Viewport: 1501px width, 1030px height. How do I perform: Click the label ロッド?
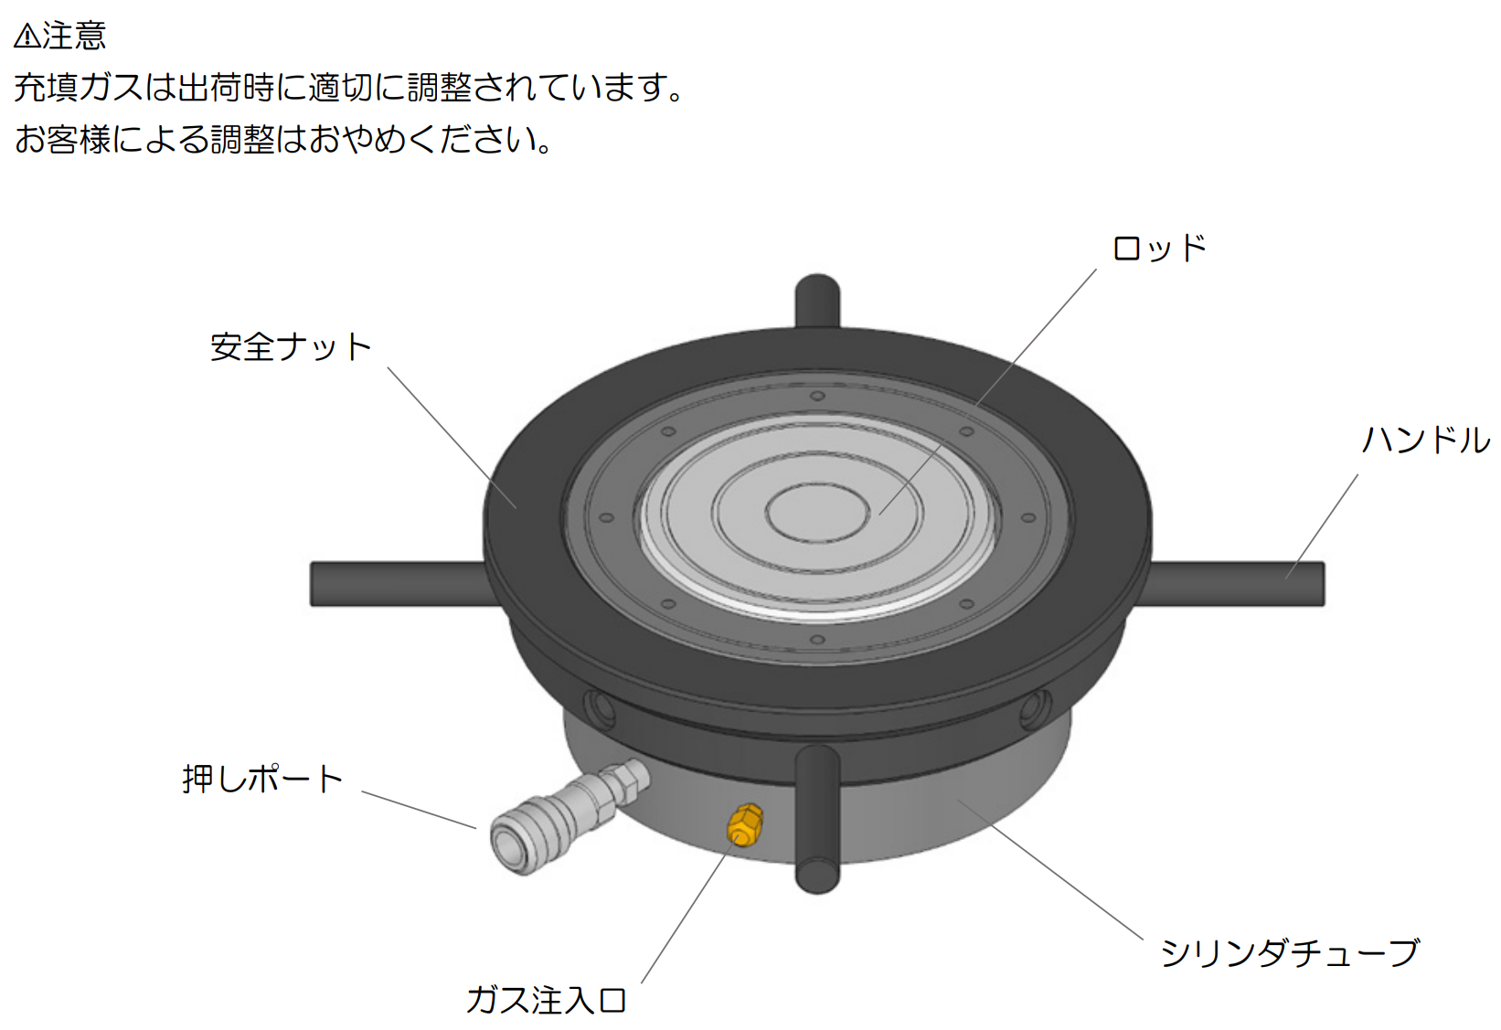pos(1159,248)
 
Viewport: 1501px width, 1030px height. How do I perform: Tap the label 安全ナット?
pos(291,347)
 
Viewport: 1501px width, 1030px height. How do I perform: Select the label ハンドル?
pos(1426,441)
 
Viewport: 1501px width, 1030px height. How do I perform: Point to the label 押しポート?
pos(262,779)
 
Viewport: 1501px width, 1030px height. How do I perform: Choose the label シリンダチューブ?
pos(1289,953)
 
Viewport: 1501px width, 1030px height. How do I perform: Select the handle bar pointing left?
pos(402,584)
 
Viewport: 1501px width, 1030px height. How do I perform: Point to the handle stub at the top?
pos(817,300)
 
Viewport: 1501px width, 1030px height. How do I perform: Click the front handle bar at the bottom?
pos(817,819)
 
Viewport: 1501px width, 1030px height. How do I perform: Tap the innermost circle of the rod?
pos(817,514)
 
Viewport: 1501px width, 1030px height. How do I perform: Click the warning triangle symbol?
pos(27,36)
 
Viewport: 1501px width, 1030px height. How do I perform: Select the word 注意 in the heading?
pos(74,35)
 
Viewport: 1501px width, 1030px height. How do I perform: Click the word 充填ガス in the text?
pos(78,88)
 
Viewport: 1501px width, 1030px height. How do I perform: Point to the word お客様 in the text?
pos(62,140)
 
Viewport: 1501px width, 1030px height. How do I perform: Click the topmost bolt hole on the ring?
pos(817,396)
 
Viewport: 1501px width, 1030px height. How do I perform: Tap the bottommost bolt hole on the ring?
pos(817,640)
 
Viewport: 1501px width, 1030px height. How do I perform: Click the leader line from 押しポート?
pos(419,810)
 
